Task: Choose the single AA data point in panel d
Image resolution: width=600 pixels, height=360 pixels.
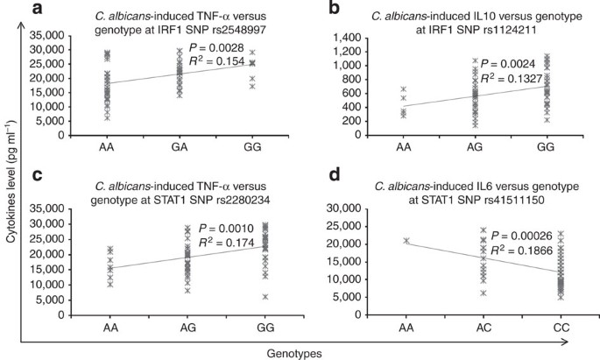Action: coord(406,240)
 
